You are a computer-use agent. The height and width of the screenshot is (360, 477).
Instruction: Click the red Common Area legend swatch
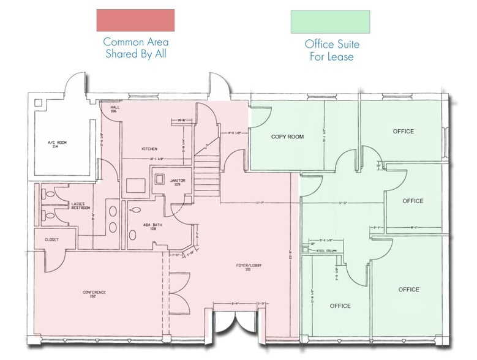click(135, 20)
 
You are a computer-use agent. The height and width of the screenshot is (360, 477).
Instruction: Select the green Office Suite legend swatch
click(330, 21)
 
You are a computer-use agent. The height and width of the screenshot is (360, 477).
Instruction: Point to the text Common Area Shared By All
click(135, 48)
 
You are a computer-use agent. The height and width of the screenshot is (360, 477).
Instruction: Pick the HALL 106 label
click(115, 109)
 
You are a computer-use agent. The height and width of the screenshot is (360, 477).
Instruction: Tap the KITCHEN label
click(150, 149)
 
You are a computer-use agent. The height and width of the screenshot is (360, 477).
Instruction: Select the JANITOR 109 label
click(179, 182)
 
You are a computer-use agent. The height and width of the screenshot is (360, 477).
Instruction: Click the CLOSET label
click(51, 239)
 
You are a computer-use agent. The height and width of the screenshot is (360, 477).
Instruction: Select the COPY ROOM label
click(287, 137)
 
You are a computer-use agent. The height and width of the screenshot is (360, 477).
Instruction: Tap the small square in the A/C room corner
click(39, 103)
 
